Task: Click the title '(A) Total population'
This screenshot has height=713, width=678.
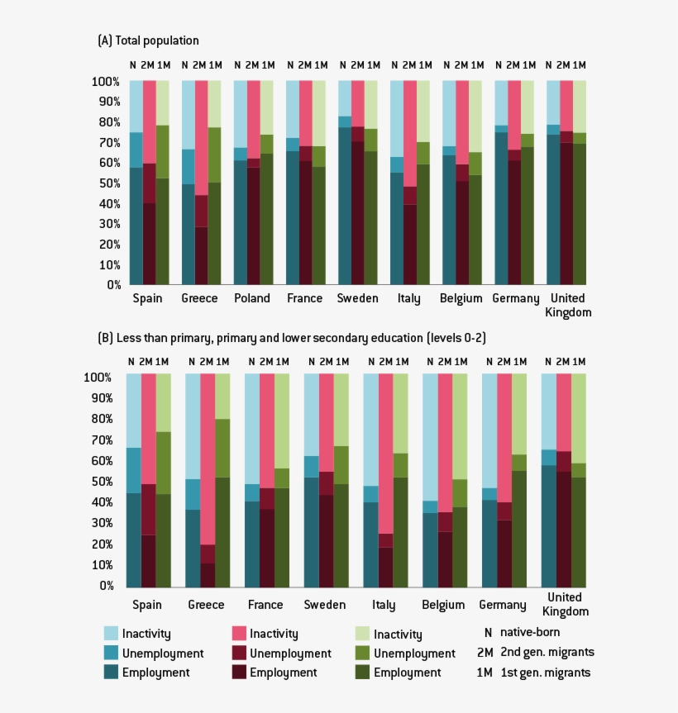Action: tap(148, 40)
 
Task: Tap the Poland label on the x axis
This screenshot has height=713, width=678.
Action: tap(252, 299)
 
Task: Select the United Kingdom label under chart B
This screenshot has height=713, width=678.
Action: tap(566, 604)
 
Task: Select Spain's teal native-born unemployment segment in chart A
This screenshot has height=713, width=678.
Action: tap(136, 150)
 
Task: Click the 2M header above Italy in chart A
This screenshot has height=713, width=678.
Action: tap(409, 65)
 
